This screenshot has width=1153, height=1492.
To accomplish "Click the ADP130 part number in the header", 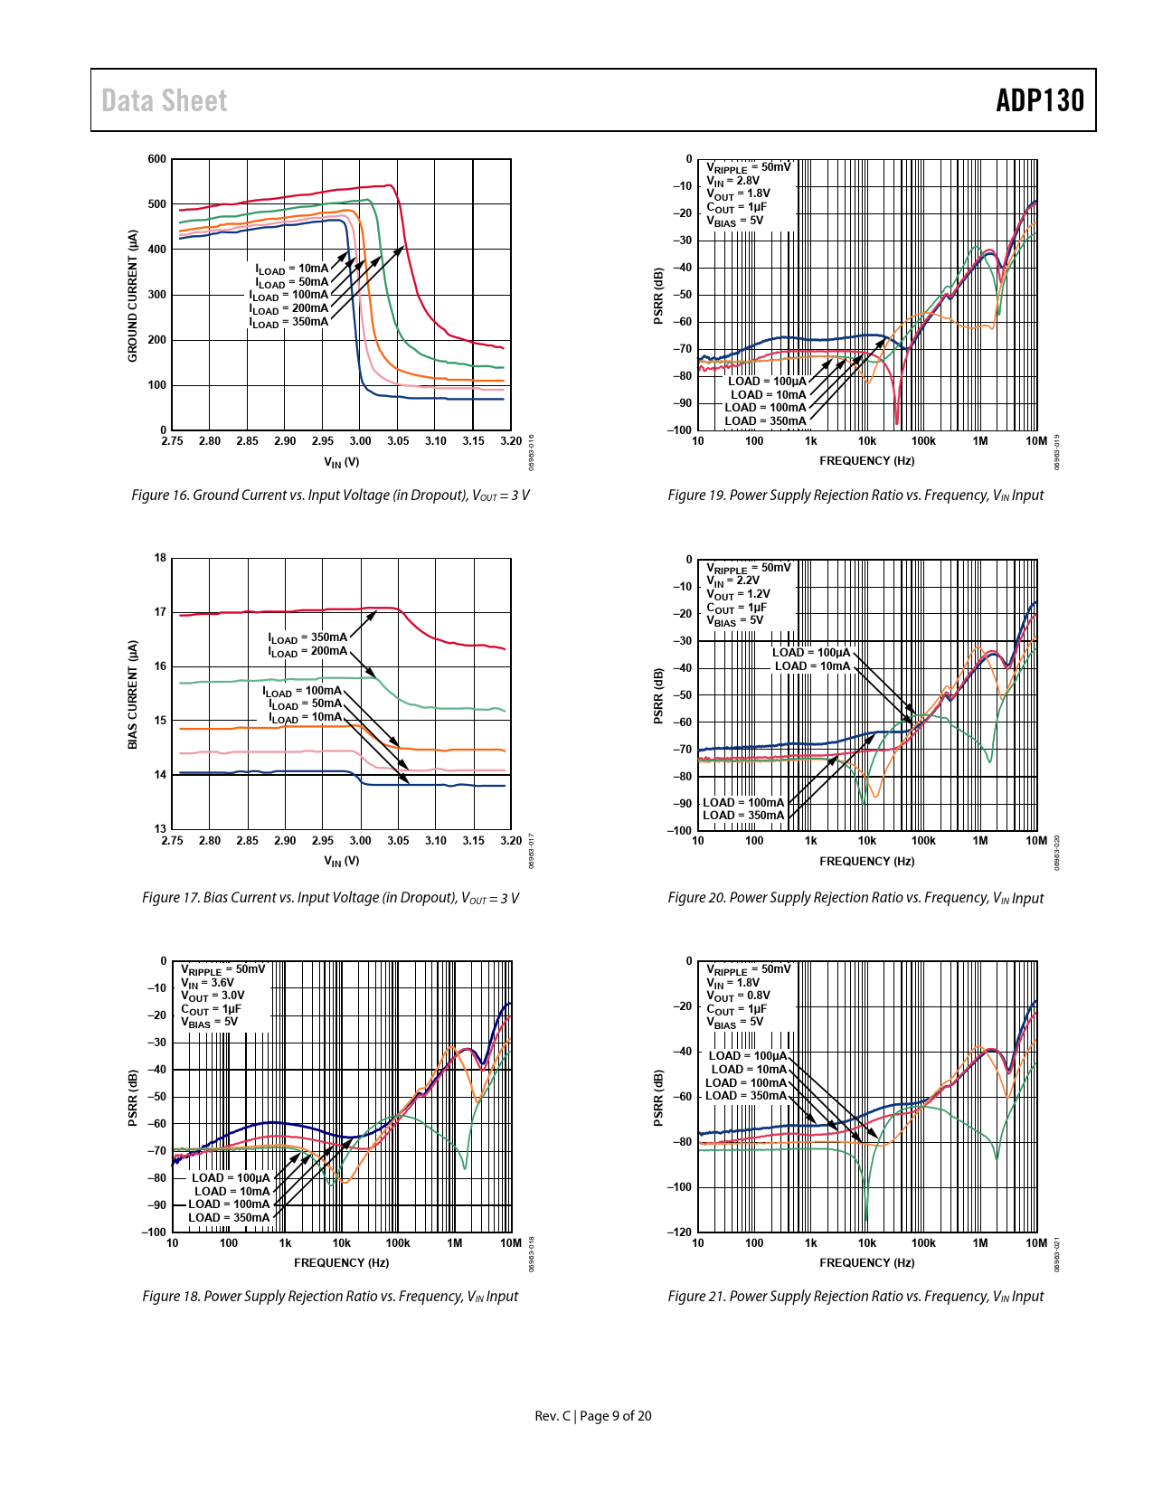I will [1039, 100].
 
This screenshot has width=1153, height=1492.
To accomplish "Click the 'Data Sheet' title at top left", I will [164, 100].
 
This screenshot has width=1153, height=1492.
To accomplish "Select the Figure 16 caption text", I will [330, 496].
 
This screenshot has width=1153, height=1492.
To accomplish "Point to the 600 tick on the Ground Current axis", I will [157, 159].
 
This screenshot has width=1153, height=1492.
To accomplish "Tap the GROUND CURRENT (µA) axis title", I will [133, 296].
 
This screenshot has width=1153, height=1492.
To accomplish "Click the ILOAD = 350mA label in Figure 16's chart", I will [289, 322].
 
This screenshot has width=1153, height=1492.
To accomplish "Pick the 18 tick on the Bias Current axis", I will [160, 558].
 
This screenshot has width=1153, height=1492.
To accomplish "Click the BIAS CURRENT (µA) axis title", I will [133, 694].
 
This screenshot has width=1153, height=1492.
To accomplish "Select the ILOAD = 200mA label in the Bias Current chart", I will [307, 651].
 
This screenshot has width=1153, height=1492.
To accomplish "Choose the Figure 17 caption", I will [330, 898].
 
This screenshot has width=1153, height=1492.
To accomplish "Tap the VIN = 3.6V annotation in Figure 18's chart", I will [207, 983].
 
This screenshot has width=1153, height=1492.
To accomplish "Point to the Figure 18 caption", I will [330, 1297].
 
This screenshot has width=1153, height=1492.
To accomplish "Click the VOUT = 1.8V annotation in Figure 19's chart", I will [738, 194].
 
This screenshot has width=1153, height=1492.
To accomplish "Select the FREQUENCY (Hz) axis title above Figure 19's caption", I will [866, 461].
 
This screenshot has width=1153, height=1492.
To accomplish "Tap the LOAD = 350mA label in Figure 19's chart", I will [765, 421].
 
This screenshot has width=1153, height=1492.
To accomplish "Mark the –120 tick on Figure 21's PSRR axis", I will [680, 1232].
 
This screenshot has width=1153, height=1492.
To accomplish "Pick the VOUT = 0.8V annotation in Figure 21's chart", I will [738, 996].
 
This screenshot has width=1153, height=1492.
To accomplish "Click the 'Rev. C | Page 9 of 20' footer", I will [592, 1416].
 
